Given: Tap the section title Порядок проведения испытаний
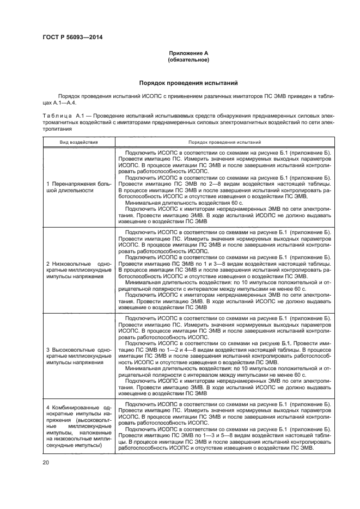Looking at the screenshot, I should coord(188,84).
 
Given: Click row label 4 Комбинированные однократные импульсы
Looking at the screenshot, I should coord(79,426).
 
